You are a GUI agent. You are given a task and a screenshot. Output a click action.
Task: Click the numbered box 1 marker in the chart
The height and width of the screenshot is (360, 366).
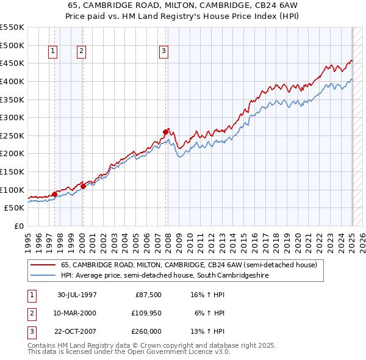pos(53,52)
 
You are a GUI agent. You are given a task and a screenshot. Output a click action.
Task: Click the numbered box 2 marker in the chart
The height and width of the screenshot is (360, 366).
pos(81,52)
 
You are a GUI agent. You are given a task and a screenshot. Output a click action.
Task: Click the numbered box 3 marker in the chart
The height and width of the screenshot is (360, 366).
pos(164,52)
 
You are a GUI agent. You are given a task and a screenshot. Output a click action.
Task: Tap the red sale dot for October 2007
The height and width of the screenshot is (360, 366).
pos(165,131)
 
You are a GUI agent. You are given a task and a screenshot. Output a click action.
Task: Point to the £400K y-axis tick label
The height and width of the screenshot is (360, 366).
pos(12,81)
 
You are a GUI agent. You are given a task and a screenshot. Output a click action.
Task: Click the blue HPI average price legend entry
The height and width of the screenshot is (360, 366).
pos(165,276)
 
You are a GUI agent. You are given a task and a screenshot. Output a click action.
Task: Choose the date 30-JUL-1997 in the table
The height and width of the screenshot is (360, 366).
pos(77,295)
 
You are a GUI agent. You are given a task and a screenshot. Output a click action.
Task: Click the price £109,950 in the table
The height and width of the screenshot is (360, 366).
pos(145,313)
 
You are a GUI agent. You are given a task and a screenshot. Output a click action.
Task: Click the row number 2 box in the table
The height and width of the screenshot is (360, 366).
pos(31,313)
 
